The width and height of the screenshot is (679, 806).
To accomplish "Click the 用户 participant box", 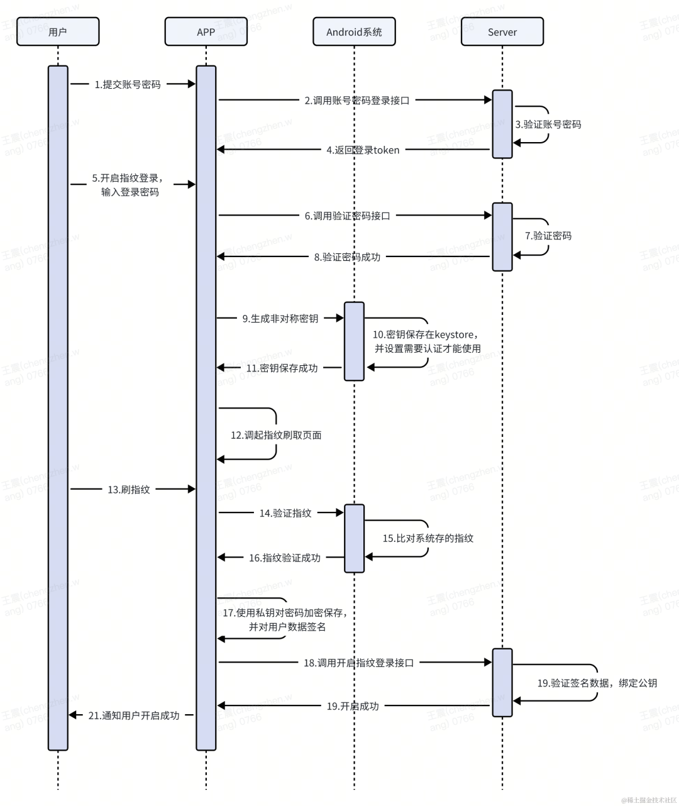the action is tap(58, 31).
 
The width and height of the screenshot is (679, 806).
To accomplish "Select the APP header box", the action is tap(206, 31).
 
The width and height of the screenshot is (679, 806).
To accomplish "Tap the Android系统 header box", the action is tap(354, 31).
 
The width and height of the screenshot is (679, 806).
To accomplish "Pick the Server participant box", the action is tap(502, 31).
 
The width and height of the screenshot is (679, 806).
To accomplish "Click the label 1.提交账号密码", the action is tap(128, 84).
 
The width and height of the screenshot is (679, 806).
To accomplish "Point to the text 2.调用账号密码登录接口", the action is tap(357, 101).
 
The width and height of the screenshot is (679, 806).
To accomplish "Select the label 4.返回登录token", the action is tap(363, 150).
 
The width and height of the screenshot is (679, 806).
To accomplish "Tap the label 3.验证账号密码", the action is tap(548, 124).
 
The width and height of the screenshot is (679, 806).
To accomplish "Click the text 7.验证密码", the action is tap(548, 236).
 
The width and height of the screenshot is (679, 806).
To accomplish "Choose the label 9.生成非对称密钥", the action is tap(280, 319).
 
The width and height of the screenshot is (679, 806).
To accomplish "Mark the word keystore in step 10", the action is tap(454, 334).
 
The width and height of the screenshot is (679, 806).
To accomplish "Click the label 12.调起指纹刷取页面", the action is tap(276, 436).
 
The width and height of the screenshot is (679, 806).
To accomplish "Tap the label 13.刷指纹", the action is tap(128, 490).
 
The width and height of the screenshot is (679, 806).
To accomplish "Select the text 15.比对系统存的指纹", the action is tap(428, 539).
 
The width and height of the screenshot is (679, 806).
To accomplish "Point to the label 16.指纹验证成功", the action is tap(285, 558).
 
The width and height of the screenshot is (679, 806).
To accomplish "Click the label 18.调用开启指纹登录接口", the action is tap(358, 663).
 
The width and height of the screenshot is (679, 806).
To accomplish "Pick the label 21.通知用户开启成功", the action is tap(134, 715).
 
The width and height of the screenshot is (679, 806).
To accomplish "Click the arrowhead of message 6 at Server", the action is tap(488, 215).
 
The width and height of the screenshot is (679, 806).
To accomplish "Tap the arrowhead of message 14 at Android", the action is tap(339, 512).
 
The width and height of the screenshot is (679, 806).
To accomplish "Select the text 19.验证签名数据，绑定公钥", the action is tap(597, 683).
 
